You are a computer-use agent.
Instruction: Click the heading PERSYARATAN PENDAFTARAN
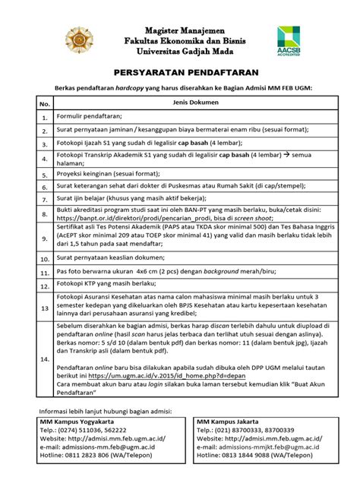pos(179,73)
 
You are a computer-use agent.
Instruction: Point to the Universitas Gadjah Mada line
pos(179,52)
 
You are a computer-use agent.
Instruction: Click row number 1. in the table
pos(44,118)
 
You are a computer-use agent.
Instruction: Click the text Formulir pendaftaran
pos(90,116)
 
